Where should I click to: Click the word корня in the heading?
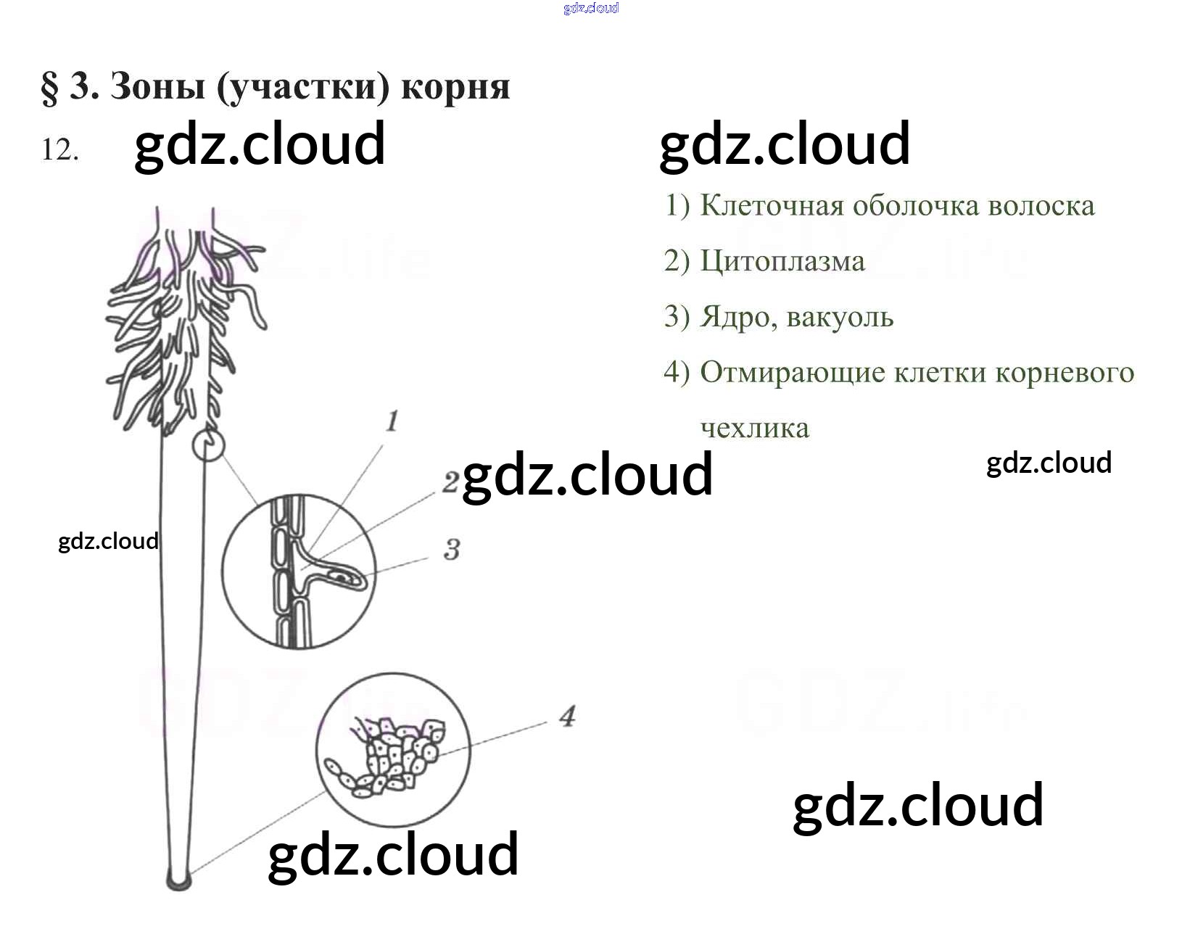click(455, 88)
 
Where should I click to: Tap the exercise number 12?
click(59, 150)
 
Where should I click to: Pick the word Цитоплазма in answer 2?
click(782, 261)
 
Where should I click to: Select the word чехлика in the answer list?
click(755, 428)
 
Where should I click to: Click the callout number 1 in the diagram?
click(392, 421)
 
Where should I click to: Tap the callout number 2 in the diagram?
click(450, 482)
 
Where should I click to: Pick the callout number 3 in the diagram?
click(452, 550)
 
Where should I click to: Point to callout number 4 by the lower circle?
click(567, 717)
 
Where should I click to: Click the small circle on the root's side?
click(208, 445)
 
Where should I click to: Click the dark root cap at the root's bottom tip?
click(178, 880)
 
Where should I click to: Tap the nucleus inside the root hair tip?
click(341, 577)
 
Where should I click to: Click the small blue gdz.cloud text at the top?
click(591, 8)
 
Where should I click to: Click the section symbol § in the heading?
click(50, 88)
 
